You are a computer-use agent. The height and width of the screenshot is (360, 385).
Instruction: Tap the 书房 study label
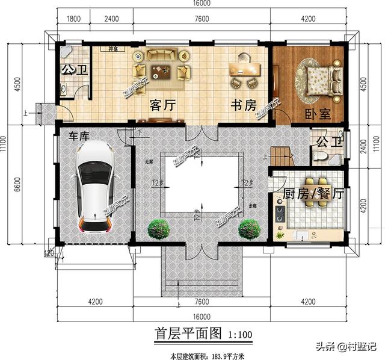click(x=243, y=105)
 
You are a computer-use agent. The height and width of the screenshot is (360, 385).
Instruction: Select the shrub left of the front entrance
click(x=158, y=229)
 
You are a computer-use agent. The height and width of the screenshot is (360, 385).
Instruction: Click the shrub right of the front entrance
click(x=248, y=229)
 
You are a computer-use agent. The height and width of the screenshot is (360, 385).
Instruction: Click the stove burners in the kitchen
click(x=280, y=213)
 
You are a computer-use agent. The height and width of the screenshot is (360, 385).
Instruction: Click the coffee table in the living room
click(x=161, y=71)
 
